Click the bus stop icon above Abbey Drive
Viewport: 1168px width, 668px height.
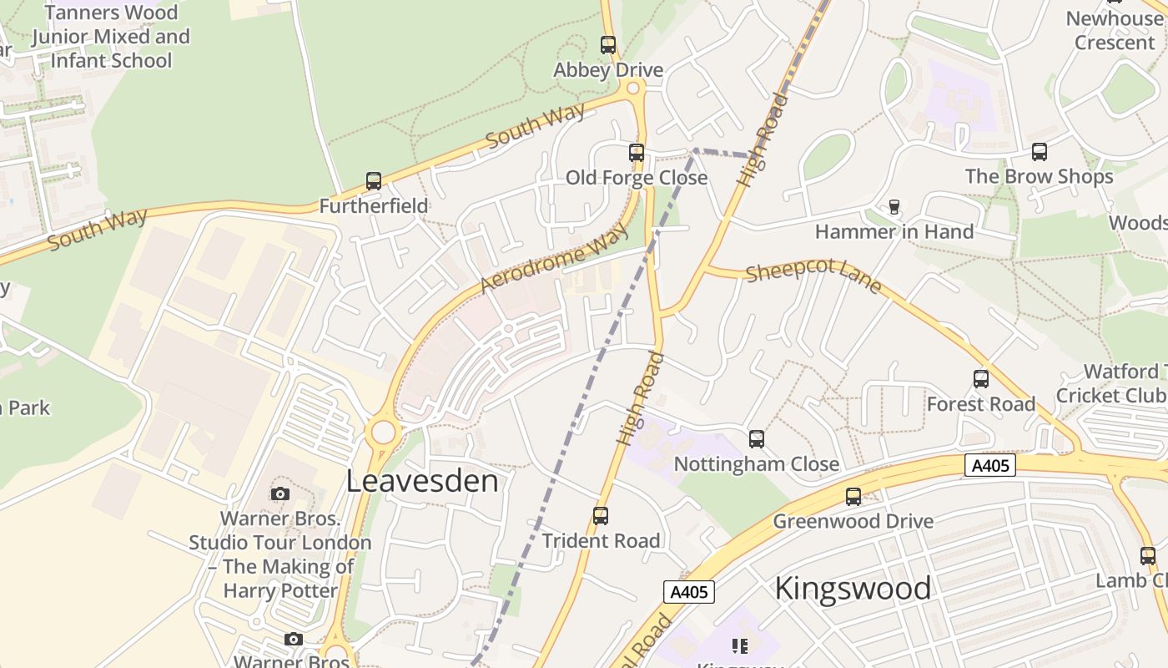608,45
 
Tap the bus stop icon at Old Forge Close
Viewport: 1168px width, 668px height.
637,153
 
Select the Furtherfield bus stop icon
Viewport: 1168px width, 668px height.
374,181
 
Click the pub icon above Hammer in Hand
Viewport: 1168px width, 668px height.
894,206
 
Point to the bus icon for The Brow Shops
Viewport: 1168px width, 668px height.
1039,152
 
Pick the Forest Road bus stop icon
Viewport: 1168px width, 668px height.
981,379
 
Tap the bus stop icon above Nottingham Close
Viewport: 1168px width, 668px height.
757,438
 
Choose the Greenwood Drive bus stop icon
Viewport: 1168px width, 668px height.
853,497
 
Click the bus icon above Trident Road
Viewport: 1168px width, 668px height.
601,516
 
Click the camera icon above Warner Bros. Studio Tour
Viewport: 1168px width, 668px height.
280,493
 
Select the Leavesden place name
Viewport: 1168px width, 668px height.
422,481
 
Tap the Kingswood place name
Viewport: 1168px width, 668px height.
853,589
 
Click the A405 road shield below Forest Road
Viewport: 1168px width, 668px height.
990,465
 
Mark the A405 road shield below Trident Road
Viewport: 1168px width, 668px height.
689,592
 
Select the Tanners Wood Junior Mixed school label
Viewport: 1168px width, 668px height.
111,37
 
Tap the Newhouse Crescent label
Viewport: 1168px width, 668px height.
1114,30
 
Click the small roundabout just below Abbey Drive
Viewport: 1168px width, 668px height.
633,89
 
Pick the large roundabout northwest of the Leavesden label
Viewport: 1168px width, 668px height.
383,433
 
